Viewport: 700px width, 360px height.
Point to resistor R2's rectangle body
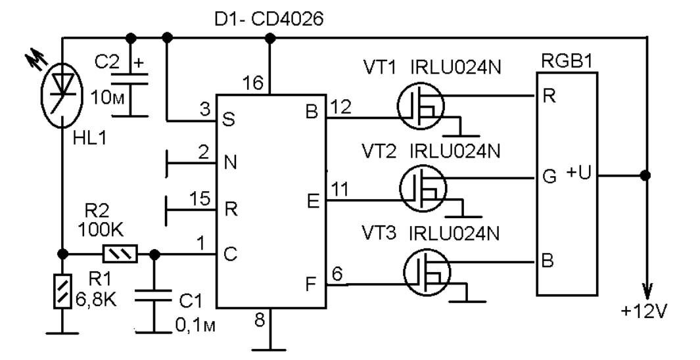coord(120,254)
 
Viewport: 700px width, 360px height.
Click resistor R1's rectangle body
coord(62,291)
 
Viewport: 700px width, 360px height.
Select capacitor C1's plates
coord(154,295)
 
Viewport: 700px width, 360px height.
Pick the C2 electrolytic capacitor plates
coord(129,79)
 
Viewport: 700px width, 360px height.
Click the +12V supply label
coord(643,312)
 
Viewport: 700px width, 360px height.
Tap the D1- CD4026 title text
coord(268,20)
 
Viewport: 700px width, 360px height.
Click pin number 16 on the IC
coord(254,83)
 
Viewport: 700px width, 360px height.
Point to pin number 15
coord(200,199)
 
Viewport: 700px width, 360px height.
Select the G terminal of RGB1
coord(549,177)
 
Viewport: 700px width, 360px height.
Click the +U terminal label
coord(579,172)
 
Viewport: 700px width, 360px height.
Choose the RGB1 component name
coord(567,62)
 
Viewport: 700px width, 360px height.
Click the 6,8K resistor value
coord(95,300)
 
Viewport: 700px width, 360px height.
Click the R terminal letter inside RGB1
coord(549,96)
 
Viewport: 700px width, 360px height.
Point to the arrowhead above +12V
coord(646,291)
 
